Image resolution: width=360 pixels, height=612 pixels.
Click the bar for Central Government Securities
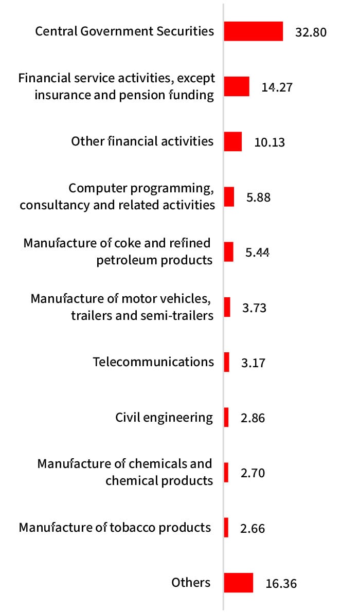coord(254,31)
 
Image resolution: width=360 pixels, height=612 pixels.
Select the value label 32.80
coord(311,32)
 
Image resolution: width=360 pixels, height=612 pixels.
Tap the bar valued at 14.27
coord(237,87)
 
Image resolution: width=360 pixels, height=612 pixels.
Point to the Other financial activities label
coord(142,141)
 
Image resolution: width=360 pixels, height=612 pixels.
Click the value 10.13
coord(269,142)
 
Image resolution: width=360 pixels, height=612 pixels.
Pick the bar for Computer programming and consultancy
coord(229,197)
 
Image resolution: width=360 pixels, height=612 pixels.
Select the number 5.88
coord(258,197)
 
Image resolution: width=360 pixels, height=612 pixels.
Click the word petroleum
coord(127,260)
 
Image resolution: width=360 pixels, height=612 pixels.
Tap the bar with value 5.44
coord(229,252)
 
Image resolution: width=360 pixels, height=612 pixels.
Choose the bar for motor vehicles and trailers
coord(227,307)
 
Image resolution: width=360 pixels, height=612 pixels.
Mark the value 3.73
coord(254,308)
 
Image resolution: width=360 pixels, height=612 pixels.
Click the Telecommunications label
coord(153,362)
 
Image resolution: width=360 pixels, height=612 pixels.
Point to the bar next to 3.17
coord(227,362)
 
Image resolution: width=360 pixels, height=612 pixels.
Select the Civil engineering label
coord(164,417)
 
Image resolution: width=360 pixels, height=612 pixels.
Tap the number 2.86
coord(253,418)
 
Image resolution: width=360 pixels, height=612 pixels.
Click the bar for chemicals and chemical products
coord(226,473)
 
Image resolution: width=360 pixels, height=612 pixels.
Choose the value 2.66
coord(253,528)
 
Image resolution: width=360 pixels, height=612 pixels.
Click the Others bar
coord(239,583)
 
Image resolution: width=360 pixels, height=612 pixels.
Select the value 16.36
coord(281,584)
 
